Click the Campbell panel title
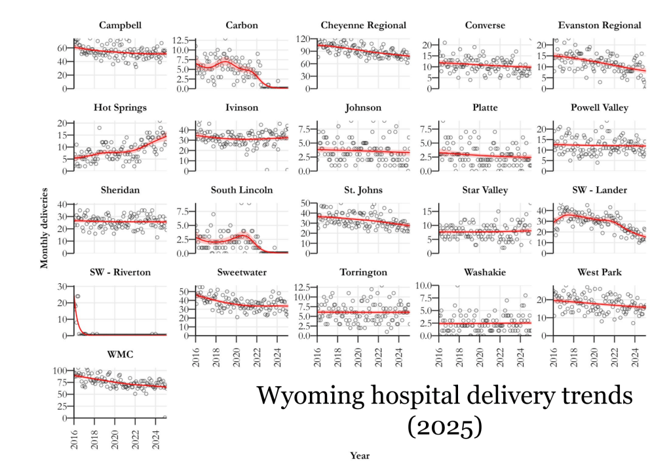[x=121, y=26]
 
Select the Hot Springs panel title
[x=121, y=108]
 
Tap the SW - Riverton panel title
[x=121, y=272]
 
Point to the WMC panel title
[x=121, y=355]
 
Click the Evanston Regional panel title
[x=600, y=26]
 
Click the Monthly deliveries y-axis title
[x=45, y=228]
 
